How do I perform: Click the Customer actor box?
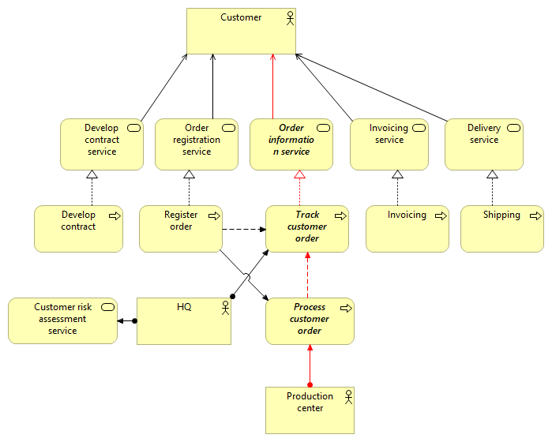click(x=241, y=31)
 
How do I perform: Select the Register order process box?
click(x=181, y=229)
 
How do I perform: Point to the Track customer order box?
click(x=307, y=229)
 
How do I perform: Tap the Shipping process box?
click(x=502, y=229)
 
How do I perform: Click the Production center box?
click(x=310, y=410)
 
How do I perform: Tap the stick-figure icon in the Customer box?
click(x=290, y=18)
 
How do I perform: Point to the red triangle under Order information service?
click(x=299, y=174)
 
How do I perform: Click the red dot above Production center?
click(x=310, y=384)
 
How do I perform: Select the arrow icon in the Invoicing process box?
click(x=439, y=215)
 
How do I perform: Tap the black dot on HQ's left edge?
click(x=135, y=321)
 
